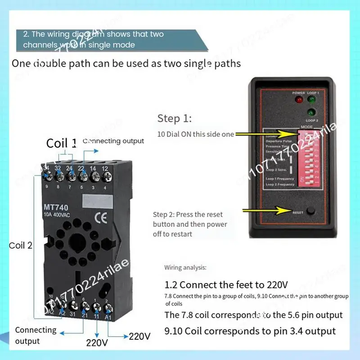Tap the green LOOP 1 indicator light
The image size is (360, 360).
(310, 99)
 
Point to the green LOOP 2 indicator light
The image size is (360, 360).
(310, 112)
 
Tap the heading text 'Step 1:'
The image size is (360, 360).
(174, 119)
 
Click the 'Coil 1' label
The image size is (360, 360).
(61, 143)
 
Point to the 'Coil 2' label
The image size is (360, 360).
(21, 246)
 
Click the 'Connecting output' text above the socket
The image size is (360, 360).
(113, 141)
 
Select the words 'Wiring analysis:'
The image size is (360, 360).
(185, 267)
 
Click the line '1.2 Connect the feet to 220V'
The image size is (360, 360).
(226, 285)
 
